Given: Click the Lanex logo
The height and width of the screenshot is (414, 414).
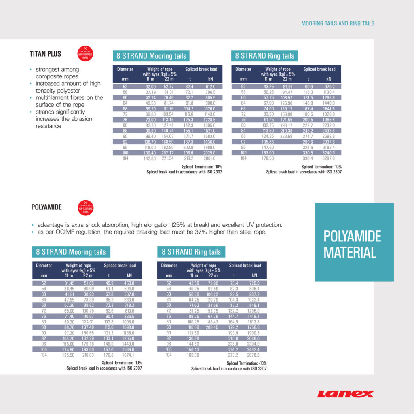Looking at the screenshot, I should click(346, 394).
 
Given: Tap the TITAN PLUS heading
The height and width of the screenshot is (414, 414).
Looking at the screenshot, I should click(46, 53).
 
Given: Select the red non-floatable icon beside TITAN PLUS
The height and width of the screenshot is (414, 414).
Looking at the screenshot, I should click(85, 53).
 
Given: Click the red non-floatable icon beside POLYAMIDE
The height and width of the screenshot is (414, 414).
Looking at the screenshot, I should click(85, 207).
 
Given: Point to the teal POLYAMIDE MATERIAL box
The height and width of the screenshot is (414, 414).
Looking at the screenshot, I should click(354, 242).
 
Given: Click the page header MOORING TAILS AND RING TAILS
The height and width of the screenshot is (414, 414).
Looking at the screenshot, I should click(338, 23).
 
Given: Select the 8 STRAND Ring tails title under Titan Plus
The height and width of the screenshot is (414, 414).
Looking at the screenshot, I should click(264, 56).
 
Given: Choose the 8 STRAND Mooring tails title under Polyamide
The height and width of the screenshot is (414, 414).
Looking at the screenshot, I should click(71, 252).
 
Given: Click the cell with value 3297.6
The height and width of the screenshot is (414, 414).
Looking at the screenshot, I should click(328, 158).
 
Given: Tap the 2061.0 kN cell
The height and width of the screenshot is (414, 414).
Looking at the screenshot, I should click(209, 158).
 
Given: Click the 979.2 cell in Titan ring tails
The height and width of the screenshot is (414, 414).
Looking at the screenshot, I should click(328, 87).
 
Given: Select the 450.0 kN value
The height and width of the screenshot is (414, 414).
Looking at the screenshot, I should click(129, 283).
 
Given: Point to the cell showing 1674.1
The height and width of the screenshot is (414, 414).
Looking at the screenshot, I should click(129, 355).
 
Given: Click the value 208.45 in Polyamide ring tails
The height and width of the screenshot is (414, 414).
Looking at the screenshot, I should click(213, 327).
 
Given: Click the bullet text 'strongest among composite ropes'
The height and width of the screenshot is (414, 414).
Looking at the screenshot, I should click(57, 73).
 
